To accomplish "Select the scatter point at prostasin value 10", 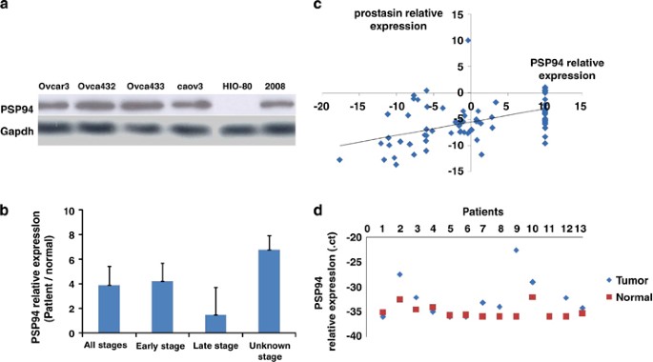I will coord(468,41).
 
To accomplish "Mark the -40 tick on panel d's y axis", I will coord(351,335).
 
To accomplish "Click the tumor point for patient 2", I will coord(399,274).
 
